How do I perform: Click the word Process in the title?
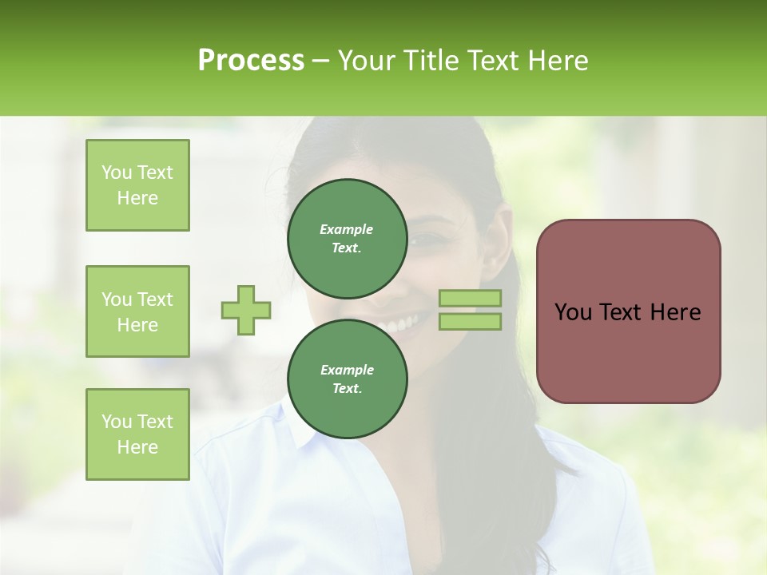251,61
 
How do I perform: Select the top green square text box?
137,185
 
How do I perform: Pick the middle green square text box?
137,311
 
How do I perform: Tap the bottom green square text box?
137,434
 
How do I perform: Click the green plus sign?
246,310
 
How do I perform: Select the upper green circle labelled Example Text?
347,238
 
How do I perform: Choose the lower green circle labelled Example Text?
347,379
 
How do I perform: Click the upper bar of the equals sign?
470,298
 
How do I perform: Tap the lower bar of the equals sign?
470,322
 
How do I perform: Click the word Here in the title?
559,61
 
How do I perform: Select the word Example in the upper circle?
347,229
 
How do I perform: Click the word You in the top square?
117,172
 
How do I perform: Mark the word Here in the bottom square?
137,447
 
